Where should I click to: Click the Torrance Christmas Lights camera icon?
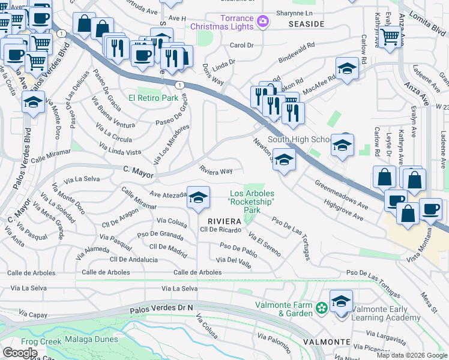[262, 22]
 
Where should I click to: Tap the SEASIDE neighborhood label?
[306, 24]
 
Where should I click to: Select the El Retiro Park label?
[153, 98]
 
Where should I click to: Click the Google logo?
[20, 352]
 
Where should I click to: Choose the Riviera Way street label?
[216, 171]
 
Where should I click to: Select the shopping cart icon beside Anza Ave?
[390, 37]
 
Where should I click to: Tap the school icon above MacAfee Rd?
[346, 69]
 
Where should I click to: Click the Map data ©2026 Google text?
[411, 355]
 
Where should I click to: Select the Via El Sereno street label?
[264, 245]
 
